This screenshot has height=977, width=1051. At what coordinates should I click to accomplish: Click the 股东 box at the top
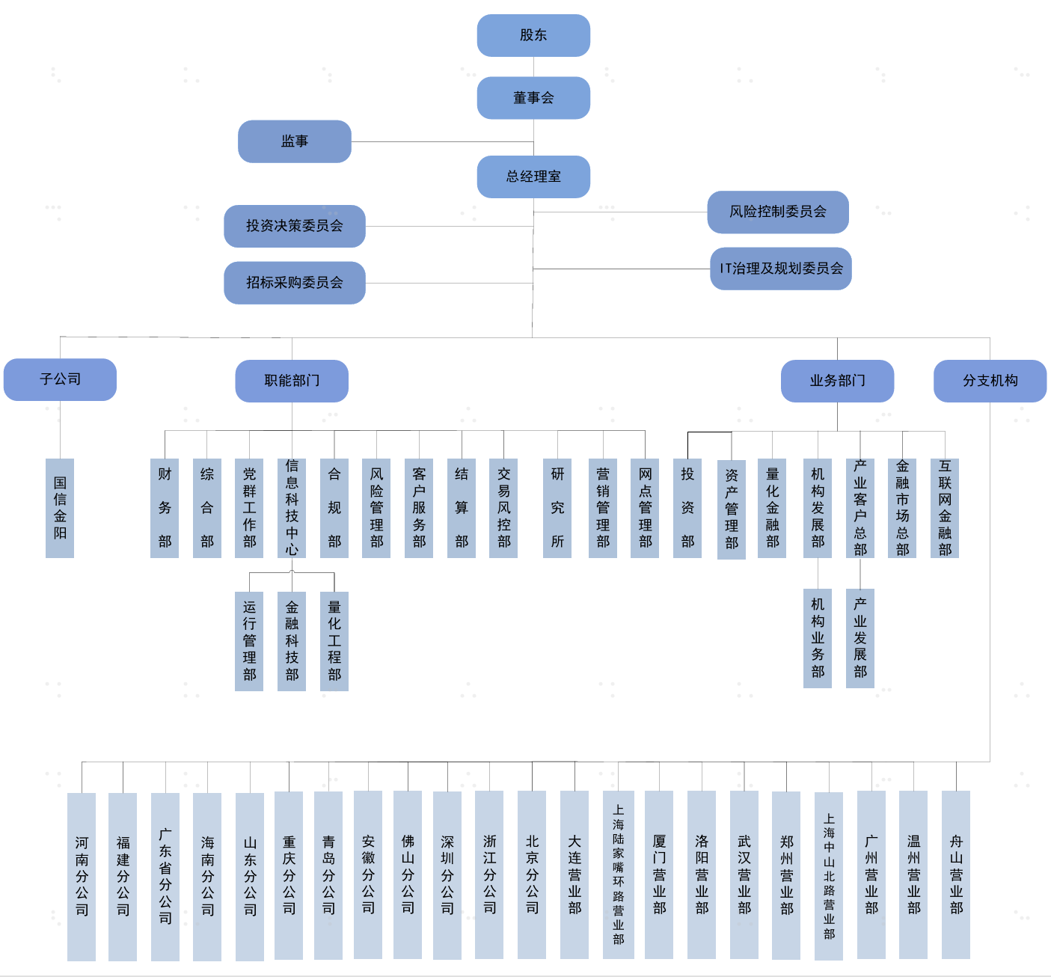(x=533, y=35)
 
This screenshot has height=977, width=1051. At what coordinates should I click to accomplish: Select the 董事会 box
(x=533, y=98)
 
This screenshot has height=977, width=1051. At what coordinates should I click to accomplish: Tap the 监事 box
(x=295, y=141)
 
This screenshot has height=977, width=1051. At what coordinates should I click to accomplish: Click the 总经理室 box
(x=533, y=177)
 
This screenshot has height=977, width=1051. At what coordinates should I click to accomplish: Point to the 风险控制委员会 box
(x=778, y=212)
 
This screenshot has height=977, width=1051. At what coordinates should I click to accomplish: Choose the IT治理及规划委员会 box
(x=781, y=269)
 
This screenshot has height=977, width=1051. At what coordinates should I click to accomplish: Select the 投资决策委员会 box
(x=295, y=227)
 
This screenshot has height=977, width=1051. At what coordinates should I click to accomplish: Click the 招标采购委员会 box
(x=295, y=283)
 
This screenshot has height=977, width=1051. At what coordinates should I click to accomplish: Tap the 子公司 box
(x=61, y=379)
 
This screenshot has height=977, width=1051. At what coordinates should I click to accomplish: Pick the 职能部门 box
(x=292, y=381)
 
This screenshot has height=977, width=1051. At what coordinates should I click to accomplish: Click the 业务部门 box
(x=838, y=381)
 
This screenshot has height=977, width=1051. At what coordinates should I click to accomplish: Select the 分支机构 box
(x=990, y=381)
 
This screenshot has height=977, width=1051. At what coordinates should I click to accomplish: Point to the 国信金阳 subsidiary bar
(x=60, y=508)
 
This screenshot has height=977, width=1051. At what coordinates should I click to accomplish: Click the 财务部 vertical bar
(x=165, y=508)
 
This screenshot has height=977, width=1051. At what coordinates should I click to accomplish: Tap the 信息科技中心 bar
(x=292, y=508)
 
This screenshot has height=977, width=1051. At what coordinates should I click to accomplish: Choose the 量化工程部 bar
(x=334, y=641)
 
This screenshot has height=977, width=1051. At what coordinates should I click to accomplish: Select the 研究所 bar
(x=557, y=508)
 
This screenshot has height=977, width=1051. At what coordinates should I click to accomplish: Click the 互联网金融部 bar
(x=946, y=508)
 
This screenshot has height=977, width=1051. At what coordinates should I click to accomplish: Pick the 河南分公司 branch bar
(x=82, y=877)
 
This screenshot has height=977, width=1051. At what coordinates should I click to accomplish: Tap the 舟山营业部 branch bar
(x=956, y=875)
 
